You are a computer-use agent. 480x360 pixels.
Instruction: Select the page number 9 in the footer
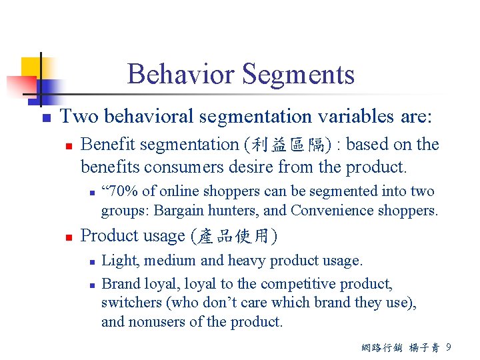448,347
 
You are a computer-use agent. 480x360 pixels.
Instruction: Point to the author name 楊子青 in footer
423,347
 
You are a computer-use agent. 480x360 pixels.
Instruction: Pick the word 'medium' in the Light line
169,261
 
